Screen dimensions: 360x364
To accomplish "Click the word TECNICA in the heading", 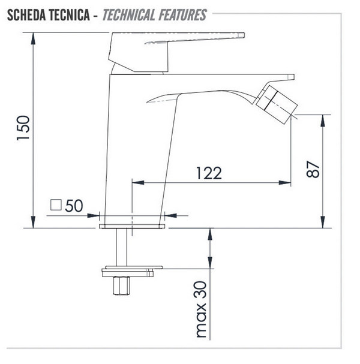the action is tap(70, 15).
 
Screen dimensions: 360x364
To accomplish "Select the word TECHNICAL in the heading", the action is tap(129, 15).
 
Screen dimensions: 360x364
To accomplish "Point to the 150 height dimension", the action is tap(23, 128).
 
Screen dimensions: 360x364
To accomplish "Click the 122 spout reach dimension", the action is tap(209, 173).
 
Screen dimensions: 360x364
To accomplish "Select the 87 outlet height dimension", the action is tap(313, 169).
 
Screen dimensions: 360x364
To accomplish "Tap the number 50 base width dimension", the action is tap(74, 206).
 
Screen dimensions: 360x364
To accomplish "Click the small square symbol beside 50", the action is tap(56, 205).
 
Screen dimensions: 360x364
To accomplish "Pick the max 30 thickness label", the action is tap(201, 309).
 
